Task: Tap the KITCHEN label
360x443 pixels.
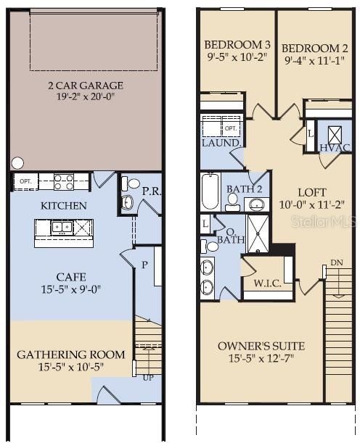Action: coord(64,206)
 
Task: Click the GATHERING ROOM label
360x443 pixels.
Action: coord(70,355)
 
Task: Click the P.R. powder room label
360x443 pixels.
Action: coord(150,191)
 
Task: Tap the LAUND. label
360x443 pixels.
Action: coord(221,144)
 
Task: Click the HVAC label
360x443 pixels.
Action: coord(335,148)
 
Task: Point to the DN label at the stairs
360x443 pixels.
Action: coord(335,262)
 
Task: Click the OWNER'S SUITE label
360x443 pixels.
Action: coord(261,345)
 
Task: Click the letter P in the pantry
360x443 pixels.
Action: coord(145,265)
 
